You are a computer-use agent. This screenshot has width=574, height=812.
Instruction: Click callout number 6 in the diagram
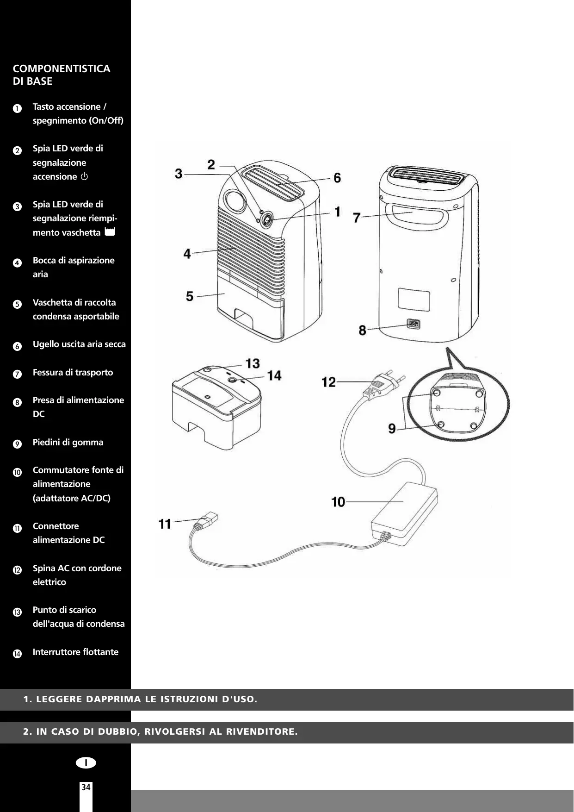(x=337, y=178)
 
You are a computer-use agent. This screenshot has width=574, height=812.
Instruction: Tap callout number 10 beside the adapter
(x=338, y=502)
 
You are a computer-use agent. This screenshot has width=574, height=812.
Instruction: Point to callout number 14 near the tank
(x=274, y=375)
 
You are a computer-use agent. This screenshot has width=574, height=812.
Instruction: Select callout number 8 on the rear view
(x=363, y=331)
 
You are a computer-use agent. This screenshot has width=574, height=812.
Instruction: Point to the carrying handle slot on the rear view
(x=420, y=216)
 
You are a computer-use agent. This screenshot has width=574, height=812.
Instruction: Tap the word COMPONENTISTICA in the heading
(x=62, y=69)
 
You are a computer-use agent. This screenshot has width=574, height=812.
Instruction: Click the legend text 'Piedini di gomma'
(x=68, y=442)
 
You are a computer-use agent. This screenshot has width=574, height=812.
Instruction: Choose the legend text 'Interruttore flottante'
(x=75, y=652)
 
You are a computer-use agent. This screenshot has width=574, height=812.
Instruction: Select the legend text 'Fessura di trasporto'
(x=73, y=372)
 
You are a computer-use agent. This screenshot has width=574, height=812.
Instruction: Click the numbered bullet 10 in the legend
(x=17, y=473)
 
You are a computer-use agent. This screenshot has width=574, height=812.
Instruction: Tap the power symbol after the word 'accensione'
(x=84, y=177)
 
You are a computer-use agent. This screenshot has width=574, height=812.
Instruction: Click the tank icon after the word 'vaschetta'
(x=110, y=232)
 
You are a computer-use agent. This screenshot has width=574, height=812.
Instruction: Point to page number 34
(x=86, y=787)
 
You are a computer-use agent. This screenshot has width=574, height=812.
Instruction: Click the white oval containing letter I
(x=86, y=762)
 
